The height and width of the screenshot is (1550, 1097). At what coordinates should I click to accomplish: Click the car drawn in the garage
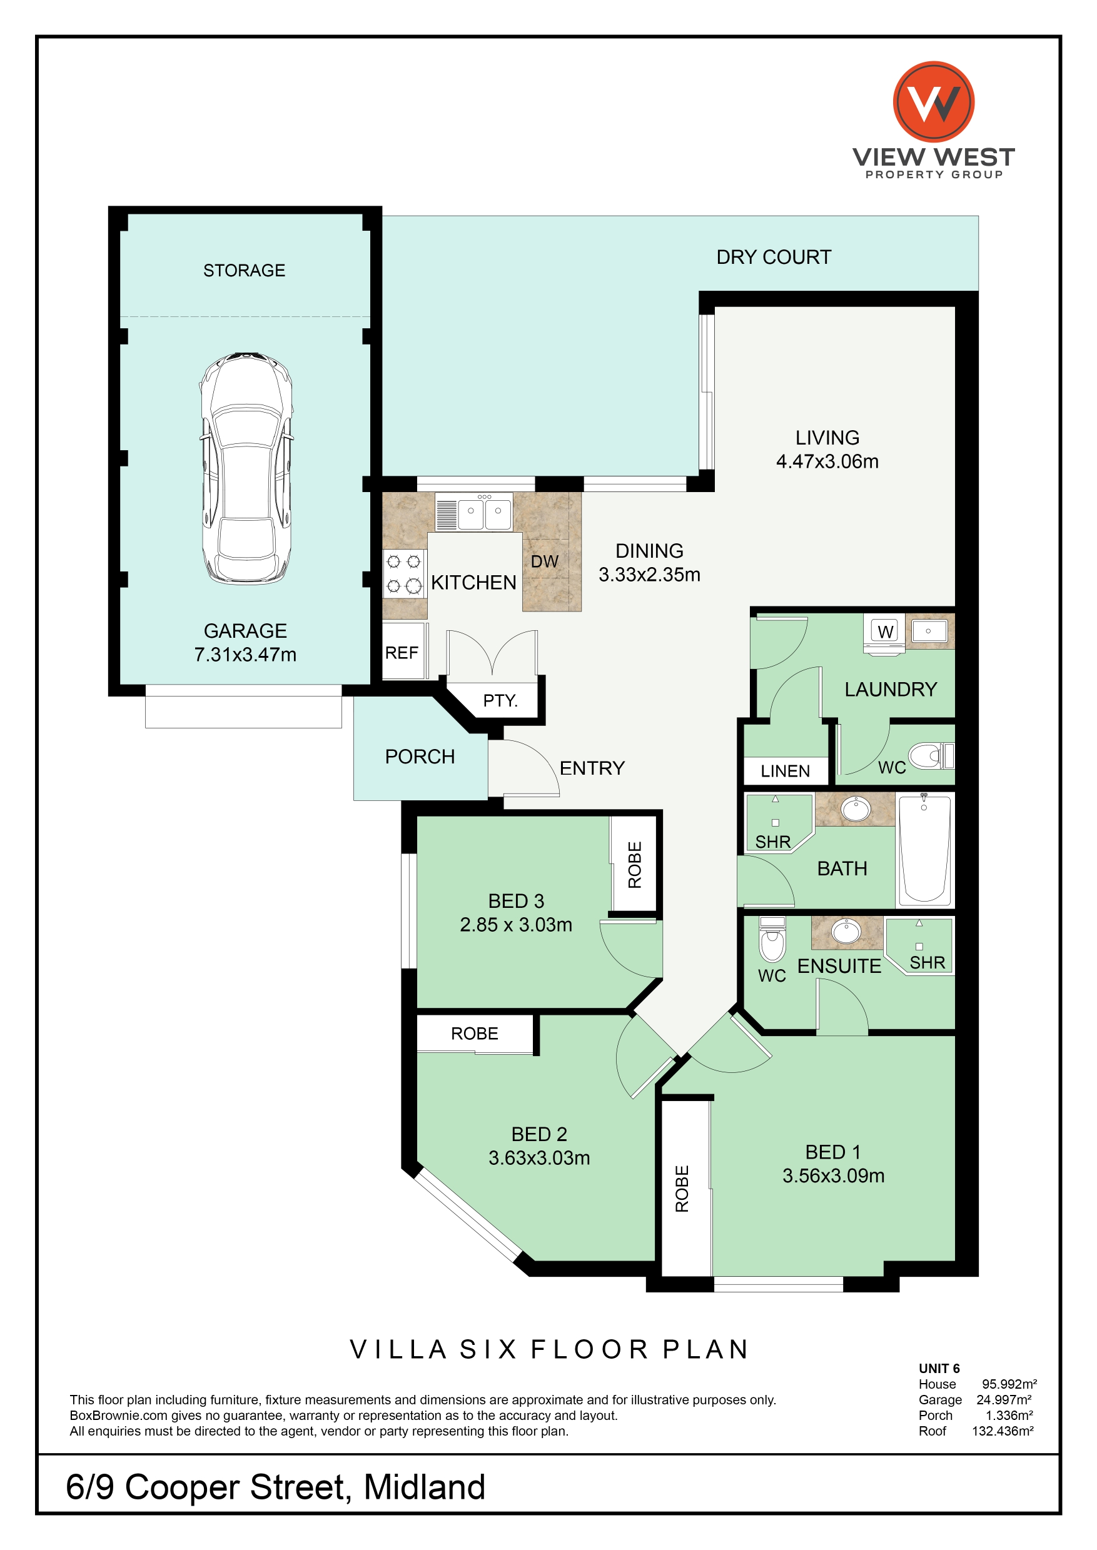tap(246, 469)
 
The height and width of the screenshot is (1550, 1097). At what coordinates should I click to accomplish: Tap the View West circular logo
tap(934, 102)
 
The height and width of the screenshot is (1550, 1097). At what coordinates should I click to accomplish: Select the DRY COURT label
tap(774, 258)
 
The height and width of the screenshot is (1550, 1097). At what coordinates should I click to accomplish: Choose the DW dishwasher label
tap(545, 561)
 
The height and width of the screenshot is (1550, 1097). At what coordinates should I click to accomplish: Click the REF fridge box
tap(404, 651)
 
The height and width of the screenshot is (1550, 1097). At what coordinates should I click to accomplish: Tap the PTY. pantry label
tap(500, 700)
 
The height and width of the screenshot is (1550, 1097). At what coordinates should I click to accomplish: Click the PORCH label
tap(420, 757)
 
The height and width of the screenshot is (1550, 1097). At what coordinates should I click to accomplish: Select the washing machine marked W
tap(885, 633)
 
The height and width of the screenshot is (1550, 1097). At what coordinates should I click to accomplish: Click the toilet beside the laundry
tap(931, 756)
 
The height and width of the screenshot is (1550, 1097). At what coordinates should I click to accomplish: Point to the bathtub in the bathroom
tap(924, 848)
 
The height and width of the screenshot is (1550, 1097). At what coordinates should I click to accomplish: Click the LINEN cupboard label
tap(785, 772)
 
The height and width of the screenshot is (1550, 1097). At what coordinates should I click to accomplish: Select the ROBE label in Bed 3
tap(635, 865)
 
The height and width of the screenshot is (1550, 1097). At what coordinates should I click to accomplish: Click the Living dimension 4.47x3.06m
tap(827, 461)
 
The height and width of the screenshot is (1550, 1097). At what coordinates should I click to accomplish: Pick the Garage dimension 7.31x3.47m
tap(245, 655)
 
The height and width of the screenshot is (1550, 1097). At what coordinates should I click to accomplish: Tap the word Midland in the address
tap(424, 1486)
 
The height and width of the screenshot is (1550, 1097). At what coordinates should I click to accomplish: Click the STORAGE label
tap(245, 270)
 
